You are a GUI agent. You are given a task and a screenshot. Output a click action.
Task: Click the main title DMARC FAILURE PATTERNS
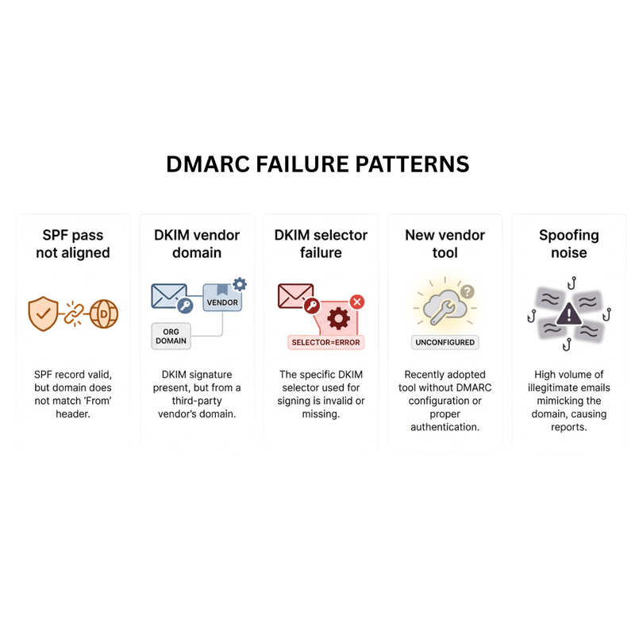(317, 164)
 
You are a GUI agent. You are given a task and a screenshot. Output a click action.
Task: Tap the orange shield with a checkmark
(43, 314)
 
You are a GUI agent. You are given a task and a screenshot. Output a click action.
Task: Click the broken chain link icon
(74, 314)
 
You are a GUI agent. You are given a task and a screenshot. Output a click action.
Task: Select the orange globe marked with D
(104, 314)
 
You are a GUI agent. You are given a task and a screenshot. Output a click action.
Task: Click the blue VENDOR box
(222, 298)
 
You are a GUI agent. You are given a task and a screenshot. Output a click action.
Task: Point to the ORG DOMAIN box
(171, 336)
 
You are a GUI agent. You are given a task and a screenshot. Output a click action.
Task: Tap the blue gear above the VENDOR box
(240, 284)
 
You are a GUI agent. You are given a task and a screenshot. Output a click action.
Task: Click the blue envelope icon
(169, 296)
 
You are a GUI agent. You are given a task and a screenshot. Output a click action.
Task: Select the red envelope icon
(295, 296)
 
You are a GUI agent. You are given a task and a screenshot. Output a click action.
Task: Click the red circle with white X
(357, 302)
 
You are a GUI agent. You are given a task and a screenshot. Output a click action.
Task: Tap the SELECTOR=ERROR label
(325, 342)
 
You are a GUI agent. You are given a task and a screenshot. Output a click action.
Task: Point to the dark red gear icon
(339, 319)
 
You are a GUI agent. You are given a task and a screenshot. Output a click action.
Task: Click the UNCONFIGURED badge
(444, 342)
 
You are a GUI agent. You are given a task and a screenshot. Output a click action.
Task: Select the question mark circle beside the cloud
(468, 291)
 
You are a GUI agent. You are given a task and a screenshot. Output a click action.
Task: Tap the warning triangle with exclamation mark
(569, 314)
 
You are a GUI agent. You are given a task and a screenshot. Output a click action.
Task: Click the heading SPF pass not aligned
(73, 244)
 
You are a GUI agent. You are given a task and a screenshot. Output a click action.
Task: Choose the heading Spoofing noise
(569, 244)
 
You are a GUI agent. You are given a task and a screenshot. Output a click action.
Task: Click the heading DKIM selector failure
(321, 244)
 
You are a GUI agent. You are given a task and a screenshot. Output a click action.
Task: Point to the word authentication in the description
(444, 427)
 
